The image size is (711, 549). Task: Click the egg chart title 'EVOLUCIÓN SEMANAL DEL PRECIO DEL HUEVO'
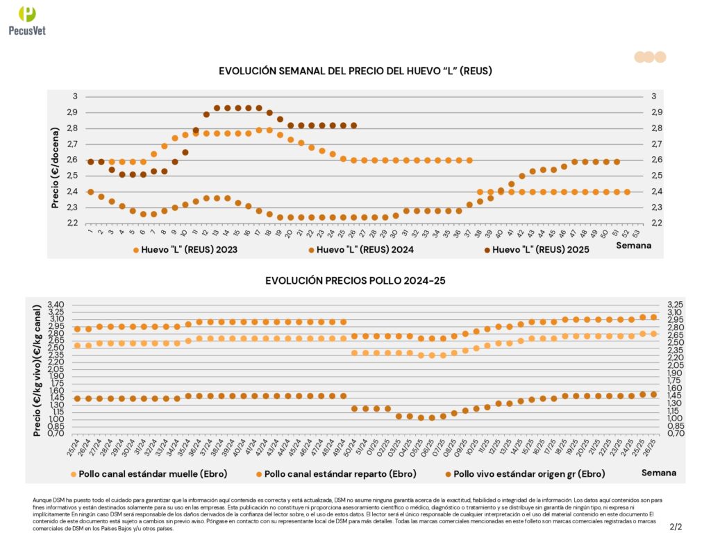(355, 71)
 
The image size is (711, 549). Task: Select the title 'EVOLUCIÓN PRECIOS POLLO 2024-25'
(355, 280)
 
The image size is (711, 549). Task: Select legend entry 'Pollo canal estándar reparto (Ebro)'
(339, 474)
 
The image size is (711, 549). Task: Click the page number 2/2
(676, 527)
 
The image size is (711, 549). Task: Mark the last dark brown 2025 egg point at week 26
(354, 126)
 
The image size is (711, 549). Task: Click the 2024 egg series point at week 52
(627, 192)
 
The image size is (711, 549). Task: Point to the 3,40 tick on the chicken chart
(55, 305)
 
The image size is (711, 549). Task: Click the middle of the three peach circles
(649, 57)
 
